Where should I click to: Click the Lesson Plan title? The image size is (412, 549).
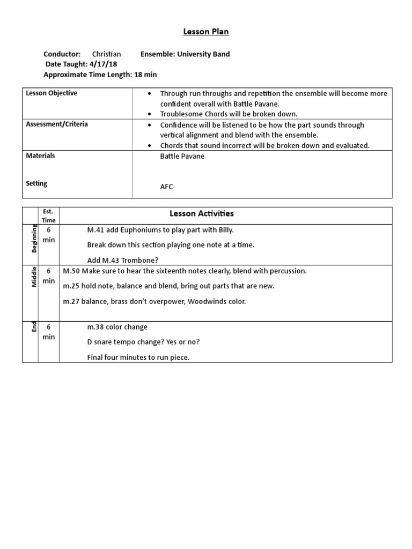tap(206, 32)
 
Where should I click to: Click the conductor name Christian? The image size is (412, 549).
tap(106, 54)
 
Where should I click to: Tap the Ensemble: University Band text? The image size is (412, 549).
tap(185, 54)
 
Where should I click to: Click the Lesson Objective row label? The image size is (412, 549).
tap(51, 93)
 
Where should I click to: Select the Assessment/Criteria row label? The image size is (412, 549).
tap(57, 124)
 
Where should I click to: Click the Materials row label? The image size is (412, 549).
tap(40, 156)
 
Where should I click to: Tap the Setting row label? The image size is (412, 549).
tap(36, 183)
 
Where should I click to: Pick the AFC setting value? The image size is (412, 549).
tap(167, 187)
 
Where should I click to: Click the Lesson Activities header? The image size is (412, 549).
tap(202, 214)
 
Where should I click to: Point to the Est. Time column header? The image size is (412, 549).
tap(49, 216)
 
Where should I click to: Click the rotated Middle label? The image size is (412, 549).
tap(34, 277)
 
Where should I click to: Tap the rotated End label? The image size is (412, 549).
tap(34, 327)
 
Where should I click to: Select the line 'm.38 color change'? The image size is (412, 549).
tap(117, 327)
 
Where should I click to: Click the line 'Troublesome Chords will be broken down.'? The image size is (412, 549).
tap(229, 114)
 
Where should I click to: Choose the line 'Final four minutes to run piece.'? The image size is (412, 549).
tap(138, 358)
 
